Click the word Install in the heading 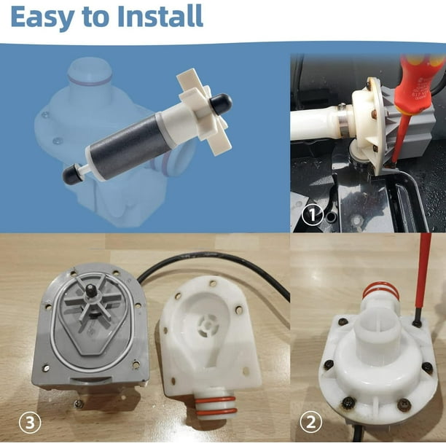coord(160,15)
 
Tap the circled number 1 coord(312,215)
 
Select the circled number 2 coord(310,422)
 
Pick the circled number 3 coord(30,423)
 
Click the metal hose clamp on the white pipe coord(345,120)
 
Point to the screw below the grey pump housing coord(79,402)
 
